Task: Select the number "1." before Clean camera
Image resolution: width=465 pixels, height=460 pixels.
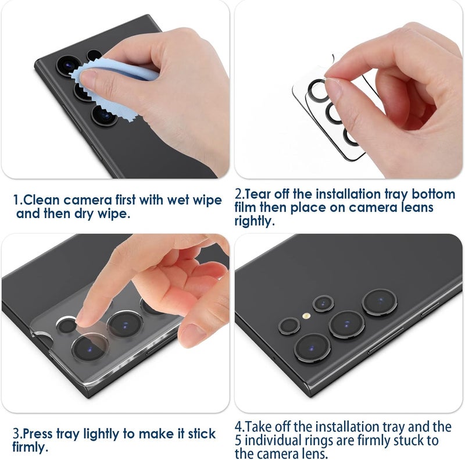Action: [x=19, y=200]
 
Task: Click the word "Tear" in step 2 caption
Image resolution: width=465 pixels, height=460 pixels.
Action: [x=259, y=194]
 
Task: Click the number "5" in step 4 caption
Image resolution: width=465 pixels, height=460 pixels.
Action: [x=239, y=441]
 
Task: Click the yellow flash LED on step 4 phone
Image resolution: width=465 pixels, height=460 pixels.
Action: [x=305, y=316]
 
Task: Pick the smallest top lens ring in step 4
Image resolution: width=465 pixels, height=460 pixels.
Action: [x=322, y=303]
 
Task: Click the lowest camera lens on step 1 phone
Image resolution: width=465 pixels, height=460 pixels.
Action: [x=106, y=115]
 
